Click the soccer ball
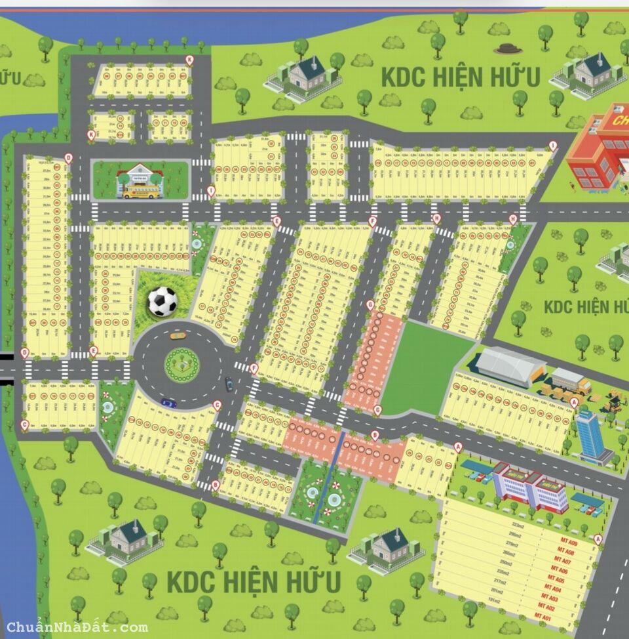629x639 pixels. pyautogui.click(x=162, y=301)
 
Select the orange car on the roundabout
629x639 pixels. pyautogui.click(x=178, y=335)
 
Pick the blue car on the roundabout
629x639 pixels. pyautogui.click(x=168, y=403)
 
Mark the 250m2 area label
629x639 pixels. pyautogui.click(x=505, y=564)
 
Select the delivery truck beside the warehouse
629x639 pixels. pyautogui.click(x=569, y=380)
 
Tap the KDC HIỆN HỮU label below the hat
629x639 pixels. pyautogui.click(x=461, y=77)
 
